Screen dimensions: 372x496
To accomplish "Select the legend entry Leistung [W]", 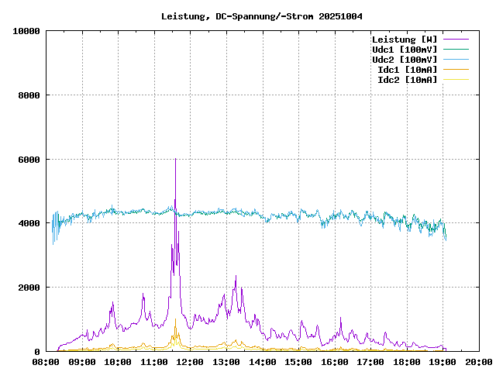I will pyautogui.click(x=404, y=40).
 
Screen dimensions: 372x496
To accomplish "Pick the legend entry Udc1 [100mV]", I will pyautogui.click(x=404, y=50).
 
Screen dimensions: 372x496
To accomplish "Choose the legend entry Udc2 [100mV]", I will pyautogui.click(x=404, y=60).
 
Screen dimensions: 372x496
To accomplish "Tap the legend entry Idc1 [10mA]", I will pyautogui.click(x=407, y=70).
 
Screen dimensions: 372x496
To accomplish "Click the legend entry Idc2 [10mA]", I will pyautogui.click(x=407, y=80).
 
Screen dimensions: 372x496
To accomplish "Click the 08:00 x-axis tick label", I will pyautogui.click(x=46, y=361).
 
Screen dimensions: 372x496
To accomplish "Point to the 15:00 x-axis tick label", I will pyautogui.click(x=298, y=361).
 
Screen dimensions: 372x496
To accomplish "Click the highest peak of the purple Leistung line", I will pyautogui.click(x=175, y=159).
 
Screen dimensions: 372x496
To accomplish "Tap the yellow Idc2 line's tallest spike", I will pyautogui.click(x=175, y=319).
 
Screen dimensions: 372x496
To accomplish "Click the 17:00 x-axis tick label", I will pyautogui.click(x=370, y=361).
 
